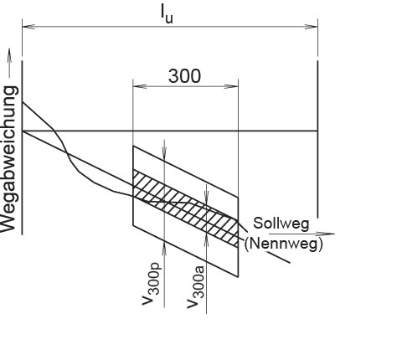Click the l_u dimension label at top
[167, 14]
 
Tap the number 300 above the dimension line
[184, 76]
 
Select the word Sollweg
[281, 224]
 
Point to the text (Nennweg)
[284, 244]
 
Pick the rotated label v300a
[196, 287]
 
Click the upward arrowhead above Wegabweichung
[9, 55]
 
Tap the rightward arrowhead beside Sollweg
[327, 234]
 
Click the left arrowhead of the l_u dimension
[28, 27]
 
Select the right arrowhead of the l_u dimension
[311, 27]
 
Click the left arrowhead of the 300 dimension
[140, 86]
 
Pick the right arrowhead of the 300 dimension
[232, 86]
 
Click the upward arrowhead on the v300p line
[164, 249]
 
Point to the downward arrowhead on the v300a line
[206, 197]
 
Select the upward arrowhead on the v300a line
[206, 241]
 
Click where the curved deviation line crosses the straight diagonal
[67, 152]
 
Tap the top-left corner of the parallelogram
[133, 146]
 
